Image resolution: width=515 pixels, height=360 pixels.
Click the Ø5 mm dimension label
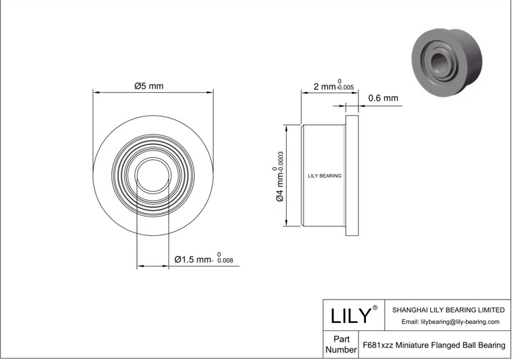coord(149,86)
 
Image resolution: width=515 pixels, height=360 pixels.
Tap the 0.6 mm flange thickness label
coord(383,98)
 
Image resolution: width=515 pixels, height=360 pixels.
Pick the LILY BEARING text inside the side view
coord(324,176)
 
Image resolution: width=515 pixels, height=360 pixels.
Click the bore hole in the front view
coord(152,175)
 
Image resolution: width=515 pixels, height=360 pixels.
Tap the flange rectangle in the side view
coord(352,175)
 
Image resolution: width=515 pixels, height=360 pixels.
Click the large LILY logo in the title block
coord(350,316)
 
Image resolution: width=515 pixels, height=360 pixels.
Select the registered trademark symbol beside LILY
coord(375,308)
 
